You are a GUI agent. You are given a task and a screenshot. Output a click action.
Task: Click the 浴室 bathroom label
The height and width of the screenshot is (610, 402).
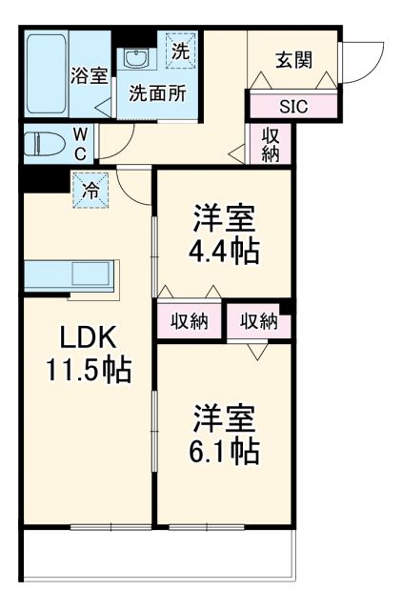click(90, 77)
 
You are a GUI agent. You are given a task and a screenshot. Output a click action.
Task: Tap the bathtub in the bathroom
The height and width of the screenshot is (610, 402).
click(46, 74)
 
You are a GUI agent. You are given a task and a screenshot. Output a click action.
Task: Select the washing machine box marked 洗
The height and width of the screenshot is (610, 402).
click(179, 51)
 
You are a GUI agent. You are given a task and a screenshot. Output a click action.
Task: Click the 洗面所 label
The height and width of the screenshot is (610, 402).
click(157, 95)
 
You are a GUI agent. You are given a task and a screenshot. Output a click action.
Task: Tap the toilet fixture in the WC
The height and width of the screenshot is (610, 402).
click(48, 145)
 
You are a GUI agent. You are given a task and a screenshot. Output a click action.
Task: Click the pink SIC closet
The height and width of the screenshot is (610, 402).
click(292, 105)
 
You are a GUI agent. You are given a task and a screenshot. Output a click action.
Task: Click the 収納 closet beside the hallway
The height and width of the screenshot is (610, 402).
click(270, 143)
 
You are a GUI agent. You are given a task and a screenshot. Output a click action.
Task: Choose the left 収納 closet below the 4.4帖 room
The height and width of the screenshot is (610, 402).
click(190, 321)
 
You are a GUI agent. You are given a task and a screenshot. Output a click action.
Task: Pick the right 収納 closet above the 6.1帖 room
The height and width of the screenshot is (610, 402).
click(258, 321)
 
